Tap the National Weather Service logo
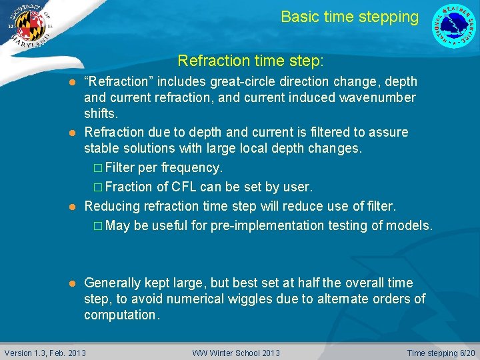pos(454,26)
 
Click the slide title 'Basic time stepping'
pos(349,17)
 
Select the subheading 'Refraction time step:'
pos(251,61)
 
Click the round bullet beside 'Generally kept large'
pos(73,283)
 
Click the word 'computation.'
pos(122,315)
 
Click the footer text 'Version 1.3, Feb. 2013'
pos(45,353)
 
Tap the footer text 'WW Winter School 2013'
pos(236,353)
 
